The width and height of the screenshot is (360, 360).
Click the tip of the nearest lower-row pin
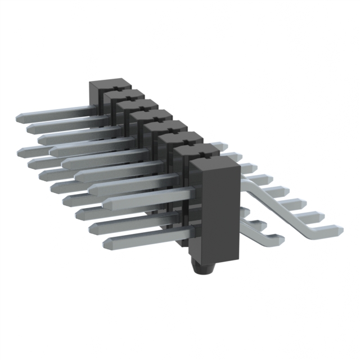[107, 244]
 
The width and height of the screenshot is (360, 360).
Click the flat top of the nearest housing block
[213, 164]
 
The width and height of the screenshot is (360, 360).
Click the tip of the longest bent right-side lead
[339, 229]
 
